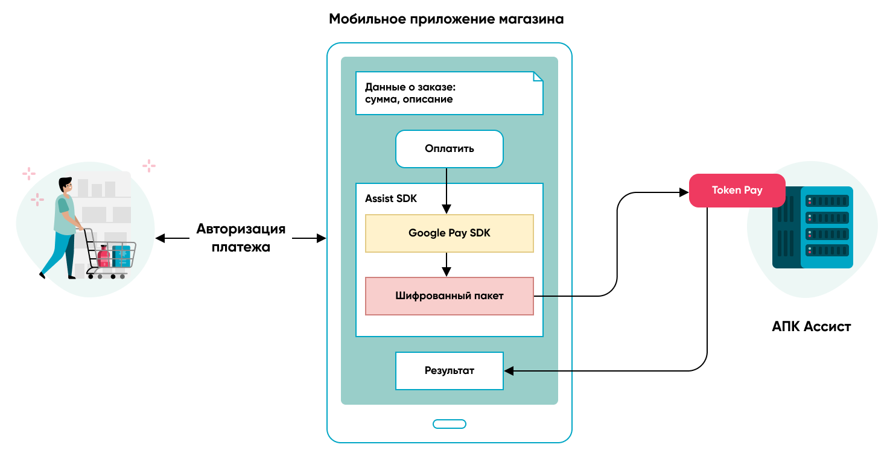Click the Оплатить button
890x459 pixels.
(x=449, y=149)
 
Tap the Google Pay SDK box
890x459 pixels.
(x=449, y=233)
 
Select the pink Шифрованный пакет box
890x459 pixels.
(x=449, y=296)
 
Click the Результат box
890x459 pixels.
(x=449, y=370)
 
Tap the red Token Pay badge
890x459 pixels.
(x=737, y=191)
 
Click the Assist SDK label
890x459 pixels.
(x=391, y=198)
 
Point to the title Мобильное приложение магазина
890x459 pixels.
(x=446, y=19)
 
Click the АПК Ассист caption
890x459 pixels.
(x=811, y=327)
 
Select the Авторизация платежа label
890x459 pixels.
(x=241, y=238)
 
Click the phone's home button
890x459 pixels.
(x=449, y=423)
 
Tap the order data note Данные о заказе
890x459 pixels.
(x=449, y=93)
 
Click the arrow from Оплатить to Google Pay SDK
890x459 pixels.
(x=447, y=190)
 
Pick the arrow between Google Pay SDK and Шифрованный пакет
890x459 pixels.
(x=447, y=264)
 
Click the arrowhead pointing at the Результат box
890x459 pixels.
(x=509, y=371)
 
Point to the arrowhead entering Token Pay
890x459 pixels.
(x=684, y=193)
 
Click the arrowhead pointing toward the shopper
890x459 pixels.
(x=160, y=238)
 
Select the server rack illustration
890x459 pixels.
(x=812, y=227)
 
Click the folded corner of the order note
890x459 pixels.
(x=538, y=77)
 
